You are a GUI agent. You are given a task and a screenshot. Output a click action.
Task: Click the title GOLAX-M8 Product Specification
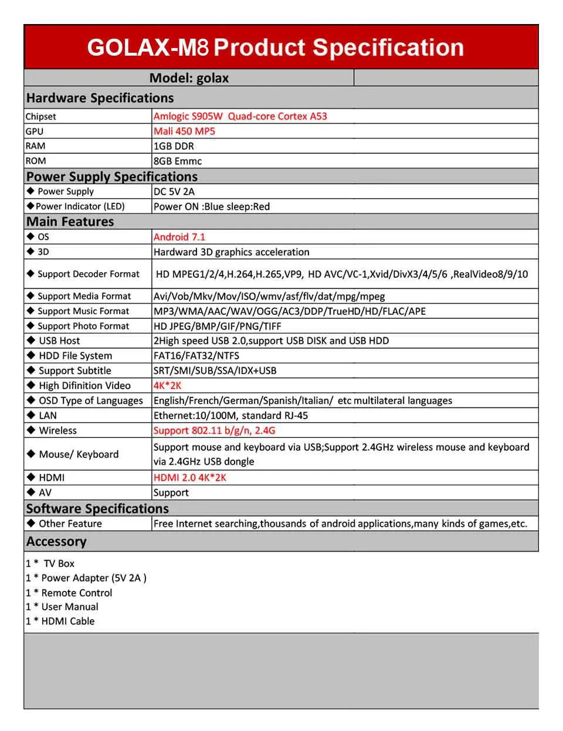pos(275,47)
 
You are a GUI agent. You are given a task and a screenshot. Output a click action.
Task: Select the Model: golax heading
pos(189,78)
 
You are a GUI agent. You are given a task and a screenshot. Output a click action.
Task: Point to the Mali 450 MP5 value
pos(184,131)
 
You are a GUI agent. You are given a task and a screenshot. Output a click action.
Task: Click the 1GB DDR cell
pos(174,146)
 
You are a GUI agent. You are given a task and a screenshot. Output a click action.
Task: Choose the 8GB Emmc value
pos(178,161)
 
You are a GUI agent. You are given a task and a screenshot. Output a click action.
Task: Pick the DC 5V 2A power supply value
pos(174,192)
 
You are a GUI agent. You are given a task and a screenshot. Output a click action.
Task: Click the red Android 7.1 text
pos(179,237)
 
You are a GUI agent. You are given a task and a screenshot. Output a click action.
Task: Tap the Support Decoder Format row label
pos(88,274)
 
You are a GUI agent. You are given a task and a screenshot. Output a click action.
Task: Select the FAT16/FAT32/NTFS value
pos(196,356)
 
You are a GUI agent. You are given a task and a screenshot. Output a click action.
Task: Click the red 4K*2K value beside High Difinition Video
pos(168,386)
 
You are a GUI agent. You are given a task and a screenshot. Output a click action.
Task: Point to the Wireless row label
pos(57,430)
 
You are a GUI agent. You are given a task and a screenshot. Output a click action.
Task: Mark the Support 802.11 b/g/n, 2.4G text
pos(214,430)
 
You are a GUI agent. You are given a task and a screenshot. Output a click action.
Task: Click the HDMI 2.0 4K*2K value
pos(189,478)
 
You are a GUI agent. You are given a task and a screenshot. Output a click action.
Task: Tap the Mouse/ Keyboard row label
pos(79,454)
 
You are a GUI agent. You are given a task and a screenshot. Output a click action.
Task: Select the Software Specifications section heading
pos(97,508)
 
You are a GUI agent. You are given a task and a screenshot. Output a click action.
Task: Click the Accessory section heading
pos(56,541)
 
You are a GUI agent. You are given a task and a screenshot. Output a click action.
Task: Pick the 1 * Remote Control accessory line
pos(69,593)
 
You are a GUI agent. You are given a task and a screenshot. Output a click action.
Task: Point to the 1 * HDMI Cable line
pos(60,621)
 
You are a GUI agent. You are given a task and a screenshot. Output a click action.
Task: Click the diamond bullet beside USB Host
pos(31,340)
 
